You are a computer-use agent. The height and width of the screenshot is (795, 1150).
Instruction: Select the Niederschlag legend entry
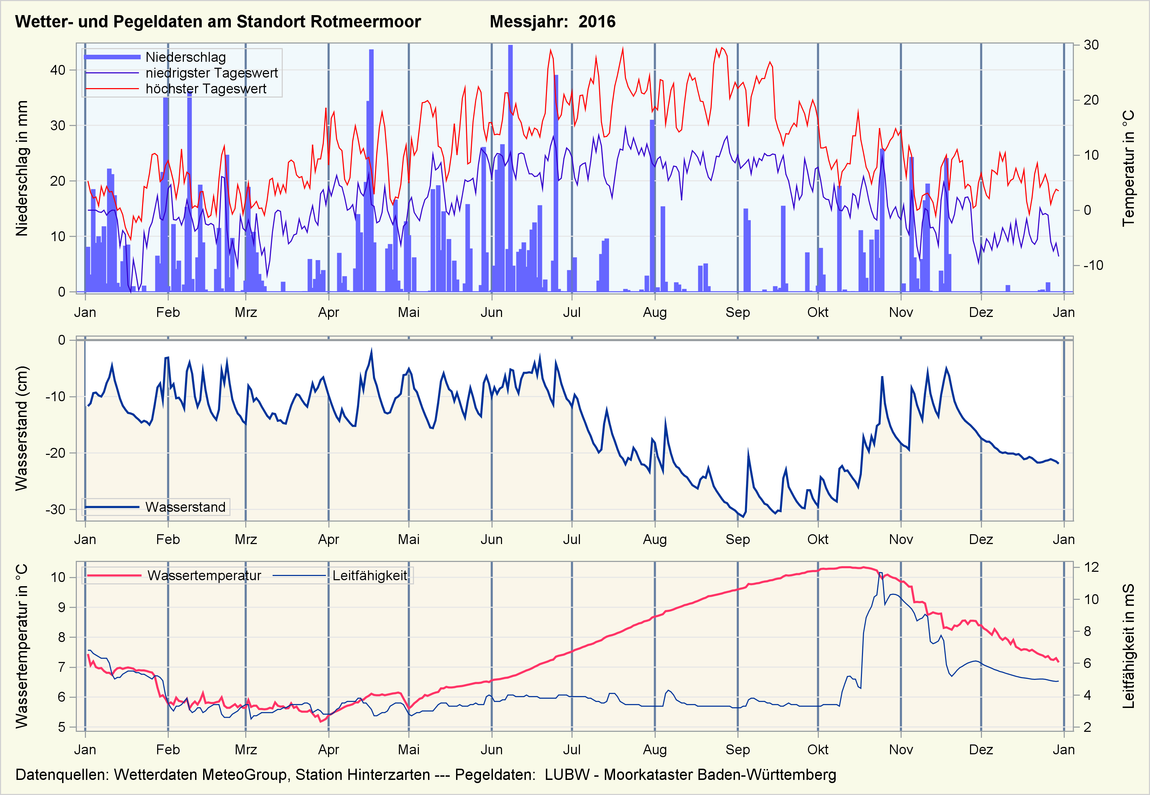pyautogui.click(x=185, y=57)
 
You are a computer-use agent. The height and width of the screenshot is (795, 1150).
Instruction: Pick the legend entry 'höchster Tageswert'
pyautogui.click(x=206, y=89)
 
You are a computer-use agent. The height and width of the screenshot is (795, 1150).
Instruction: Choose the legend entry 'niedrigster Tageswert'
pyautogui.click(x=211, y=73)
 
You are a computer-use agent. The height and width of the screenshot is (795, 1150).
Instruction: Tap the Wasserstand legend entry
pyautogui.click(x=185, y=507)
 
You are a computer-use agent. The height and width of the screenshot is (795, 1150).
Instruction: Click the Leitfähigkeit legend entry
pyautogui.click(x=369, y=576)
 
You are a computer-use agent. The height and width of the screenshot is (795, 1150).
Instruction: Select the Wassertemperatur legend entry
pyautogui.click(x=204, y=576)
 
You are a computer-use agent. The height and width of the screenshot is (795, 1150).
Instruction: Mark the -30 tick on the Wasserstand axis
pyautogui.click(x=55, y=510)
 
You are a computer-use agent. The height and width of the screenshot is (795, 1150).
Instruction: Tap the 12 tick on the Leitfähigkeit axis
pyautogui.click(x=1091, y=567)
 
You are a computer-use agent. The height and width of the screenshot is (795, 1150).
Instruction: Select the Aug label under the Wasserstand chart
pyautogui.click(x=655, y=539)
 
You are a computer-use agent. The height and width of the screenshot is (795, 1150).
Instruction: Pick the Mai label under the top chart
pyautogui.click(x=409, y=312)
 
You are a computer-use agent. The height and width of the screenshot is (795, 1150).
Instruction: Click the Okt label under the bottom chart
pyautogui.click(x=818, y=750)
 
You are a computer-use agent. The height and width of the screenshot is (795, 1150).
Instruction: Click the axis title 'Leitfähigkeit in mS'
pyautogui.click(x=1129, y=646)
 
